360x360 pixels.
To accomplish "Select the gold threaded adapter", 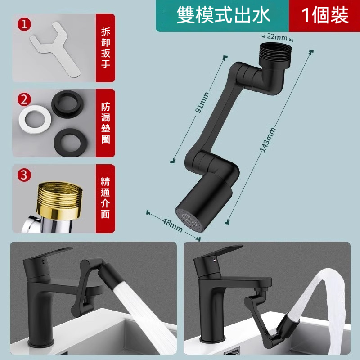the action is pos(59,200).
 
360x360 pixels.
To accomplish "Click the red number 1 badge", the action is pos(24,24).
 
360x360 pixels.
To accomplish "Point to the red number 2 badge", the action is pos(24,99).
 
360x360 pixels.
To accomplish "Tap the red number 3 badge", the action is pos(24,175).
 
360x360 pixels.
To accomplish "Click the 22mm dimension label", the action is pos(277,37).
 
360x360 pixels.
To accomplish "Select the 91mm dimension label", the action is pos(202,103).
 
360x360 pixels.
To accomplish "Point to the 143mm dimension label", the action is pos(268,139).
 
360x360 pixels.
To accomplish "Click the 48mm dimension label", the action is pos(172,225).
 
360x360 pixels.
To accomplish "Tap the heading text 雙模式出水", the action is pos(223,15).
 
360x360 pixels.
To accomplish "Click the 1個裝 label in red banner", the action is pos(325,15).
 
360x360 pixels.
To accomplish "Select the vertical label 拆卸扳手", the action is pos(106,48).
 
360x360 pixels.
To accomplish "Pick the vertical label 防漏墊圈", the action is pos(106,123).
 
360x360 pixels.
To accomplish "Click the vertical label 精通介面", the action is pos(105,198).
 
